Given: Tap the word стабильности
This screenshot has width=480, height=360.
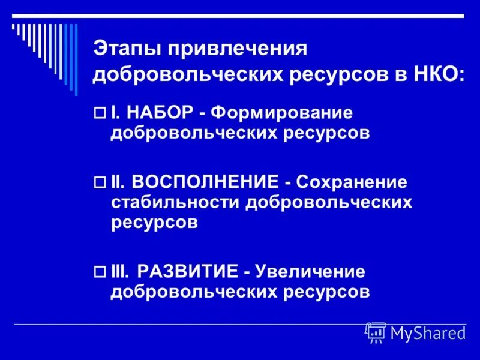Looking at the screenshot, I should [x=174, y=202].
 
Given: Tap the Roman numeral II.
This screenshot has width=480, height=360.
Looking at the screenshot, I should [x=117, y=182].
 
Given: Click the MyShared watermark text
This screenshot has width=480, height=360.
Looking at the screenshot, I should [x=428, y=333].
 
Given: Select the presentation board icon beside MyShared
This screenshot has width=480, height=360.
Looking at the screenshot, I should [x=376, y=332].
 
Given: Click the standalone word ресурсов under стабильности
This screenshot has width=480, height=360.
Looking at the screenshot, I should [x=154, y=223].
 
